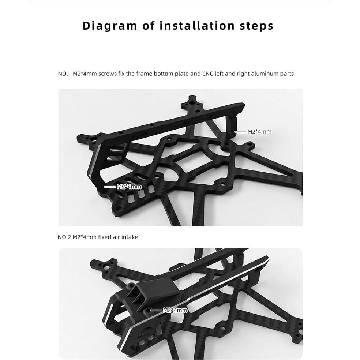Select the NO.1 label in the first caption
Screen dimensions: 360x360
(x=64, y=74)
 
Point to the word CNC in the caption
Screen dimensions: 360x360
(x=207, y=74)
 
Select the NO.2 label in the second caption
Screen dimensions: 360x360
(x=64, y=237)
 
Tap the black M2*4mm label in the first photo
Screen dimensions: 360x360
(x=259, y=132)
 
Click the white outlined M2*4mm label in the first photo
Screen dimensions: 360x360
(x=129, y=187)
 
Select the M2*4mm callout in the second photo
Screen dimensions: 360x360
(x=175, y=310)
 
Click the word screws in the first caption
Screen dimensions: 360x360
(x=107, y=74)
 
